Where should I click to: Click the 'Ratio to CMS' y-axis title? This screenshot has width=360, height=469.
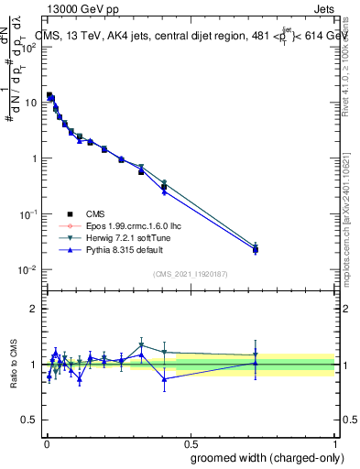pos(14,364)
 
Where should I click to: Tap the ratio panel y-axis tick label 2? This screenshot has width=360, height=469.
pos(34,309)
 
